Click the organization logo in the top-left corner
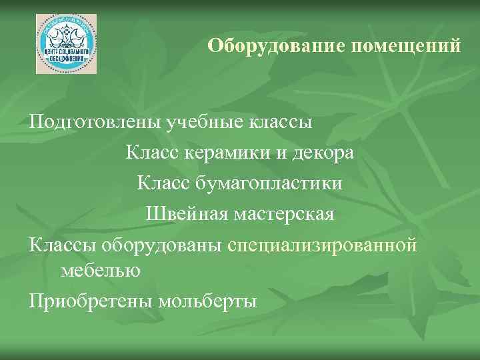coord(66,44)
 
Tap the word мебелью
coord(100,270)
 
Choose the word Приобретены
coord(90,301)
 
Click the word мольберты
coord(208,301)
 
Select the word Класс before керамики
coord(149,153)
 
